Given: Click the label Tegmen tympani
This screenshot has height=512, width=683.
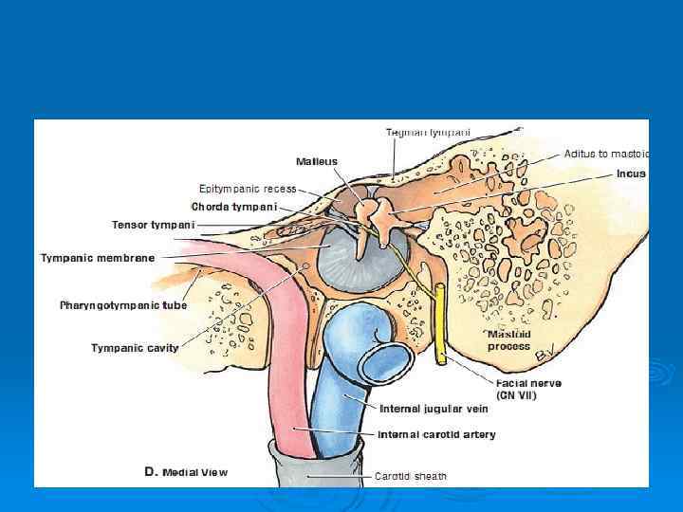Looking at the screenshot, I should point(427,132).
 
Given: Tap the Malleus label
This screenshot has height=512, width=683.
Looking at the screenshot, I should point(316,162).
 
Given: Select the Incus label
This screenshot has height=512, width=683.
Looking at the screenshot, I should point(631,174).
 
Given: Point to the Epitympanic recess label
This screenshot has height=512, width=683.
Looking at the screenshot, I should point(248,188).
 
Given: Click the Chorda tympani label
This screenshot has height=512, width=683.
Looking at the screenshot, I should point(234,206).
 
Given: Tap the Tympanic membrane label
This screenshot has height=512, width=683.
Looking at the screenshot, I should point(98,258).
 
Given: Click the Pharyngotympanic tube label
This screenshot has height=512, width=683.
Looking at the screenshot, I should point(123,305).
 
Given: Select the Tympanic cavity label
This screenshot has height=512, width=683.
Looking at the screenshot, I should point(135,348).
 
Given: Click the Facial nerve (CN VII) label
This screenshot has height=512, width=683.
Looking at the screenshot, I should point(528,389).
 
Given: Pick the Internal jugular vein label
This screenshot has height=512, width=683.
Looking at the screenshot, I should point(433,410).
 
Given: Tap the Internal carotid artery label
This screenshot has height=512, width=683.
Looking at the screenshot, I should point(436,434).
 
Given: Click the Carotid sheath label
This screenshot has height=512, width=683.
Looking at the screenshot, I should point(410,475).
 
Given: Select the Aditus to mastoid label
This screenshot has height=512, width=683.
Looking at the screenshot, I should point(605,153).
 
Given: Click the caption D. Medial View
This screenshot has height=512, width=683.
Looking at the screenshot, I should point(187,471).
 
